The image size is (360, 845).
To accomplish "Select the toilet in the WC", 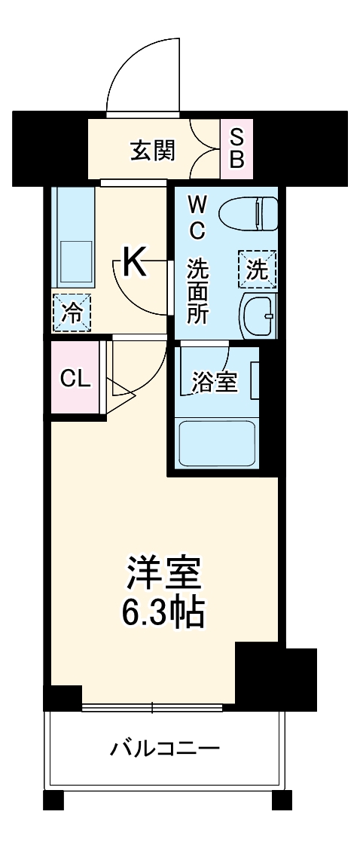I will pos(249,212).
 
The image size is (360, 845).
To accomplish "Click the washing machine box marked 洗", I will pos(258,270).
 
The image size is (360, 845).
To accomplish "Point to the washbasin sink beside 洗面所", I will pos(258,317).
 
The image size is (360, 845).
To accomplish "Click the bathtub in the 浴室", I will pos(218,444).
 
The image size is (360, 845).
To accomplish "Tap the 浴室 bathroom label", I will pos(215,383).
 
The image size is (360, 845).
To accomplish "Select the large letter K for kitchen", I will pos(133,263).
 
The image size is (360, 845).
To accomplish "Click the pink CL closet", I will pos(75,379).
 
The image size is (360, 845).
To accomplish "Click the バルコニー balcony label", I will pos(165,749).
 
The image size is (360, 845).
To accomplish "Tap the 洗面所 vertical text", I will pos(197,291).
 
